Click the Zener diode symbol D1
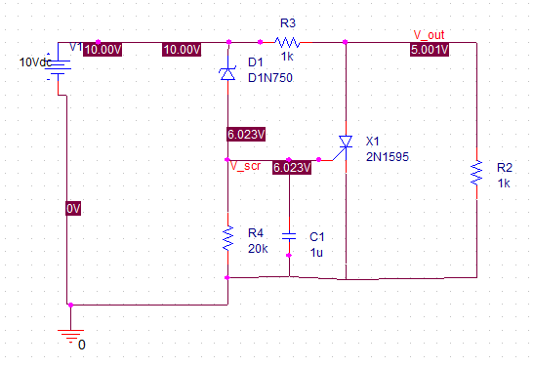click(227, 72)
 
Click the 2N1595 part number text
click(387, 155)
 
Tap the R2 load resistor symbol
click(475, 173)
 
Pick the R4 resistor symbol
click(227, 237)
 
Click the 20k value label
click(258, 247)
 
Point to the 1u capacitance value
click(316, 252)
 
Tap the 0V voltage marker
click(74, 209)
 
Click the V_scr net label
click(245, 166)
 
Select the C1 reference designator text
click(317, 237)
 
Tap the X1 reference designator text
click(373, 141)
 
